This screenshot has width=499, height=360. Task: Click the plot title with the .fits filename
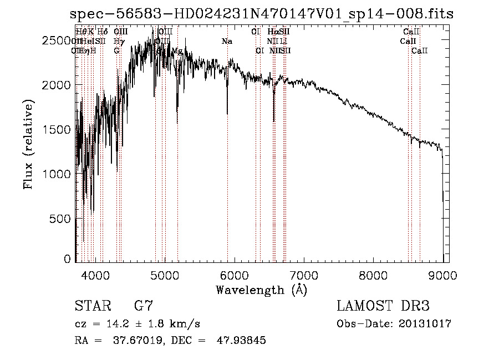[266, 14]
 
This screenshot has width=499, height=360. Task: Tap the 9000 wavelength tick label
[442, 274]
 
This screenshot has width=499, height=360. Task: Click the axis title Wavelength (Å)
[261, 290]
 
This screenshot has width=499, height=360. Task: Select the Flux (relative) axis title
[29, 144]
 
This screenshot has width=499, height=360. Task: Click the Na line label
[227, 42]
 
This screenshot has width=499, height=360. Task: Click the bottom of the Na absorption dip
[227, 114]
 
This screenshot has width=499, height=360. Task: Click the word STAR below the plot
[93, 306]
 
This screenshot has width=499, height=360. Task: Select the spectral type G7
[144, 306]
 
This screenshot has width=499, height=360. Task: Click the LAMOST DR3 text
[383, 306]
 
